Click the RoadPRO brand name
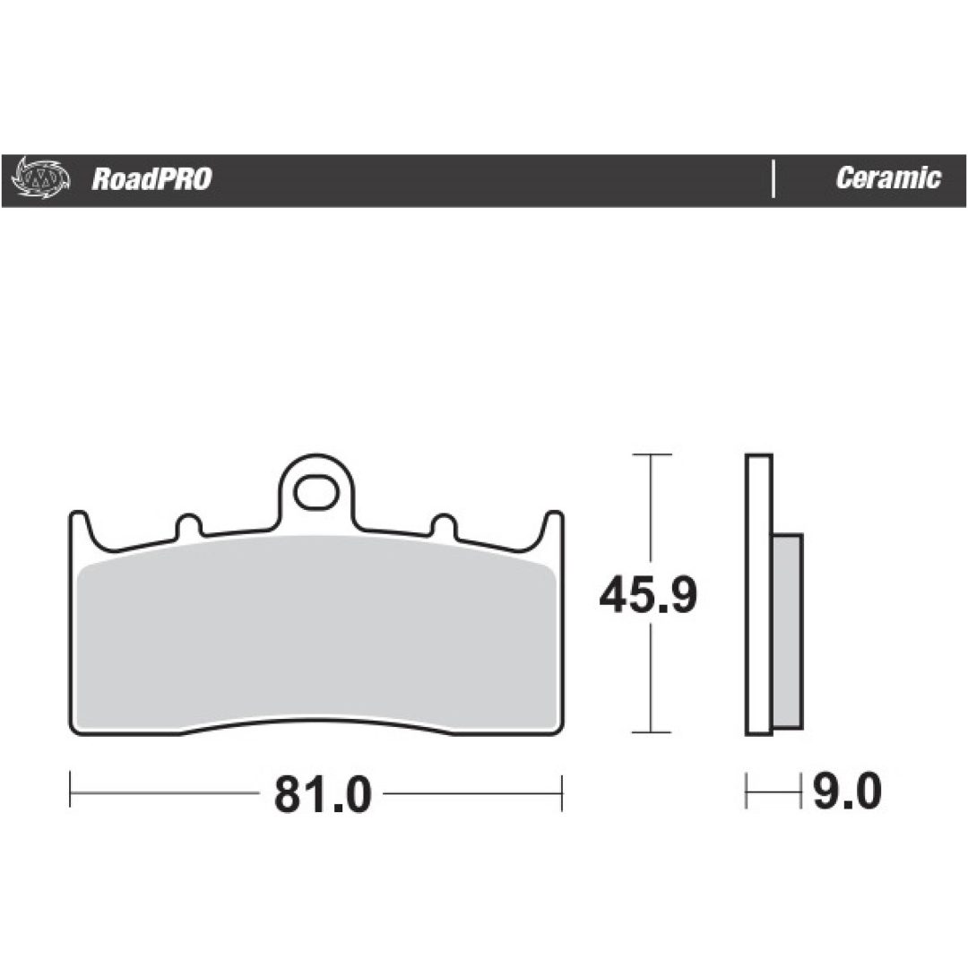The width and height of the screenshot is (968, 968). tap(151, 179)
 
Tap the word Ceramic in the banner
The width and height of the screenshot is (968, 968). tap(888, 178)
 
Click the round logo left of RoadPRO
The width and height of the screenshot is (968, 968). tap(40, 178)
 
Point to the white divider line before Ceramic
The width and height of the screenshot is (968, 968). tap(774, 179)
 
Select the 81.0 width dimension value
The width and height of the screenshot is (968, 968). tap(323, 794)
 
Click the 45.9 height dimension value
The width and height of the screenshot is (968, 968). tap(648, 595)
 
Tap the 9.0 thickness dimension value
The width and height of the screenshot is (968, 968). tap(847, 791)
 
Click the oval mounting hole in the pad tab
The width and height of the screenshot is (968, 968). tap(316, 493)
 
